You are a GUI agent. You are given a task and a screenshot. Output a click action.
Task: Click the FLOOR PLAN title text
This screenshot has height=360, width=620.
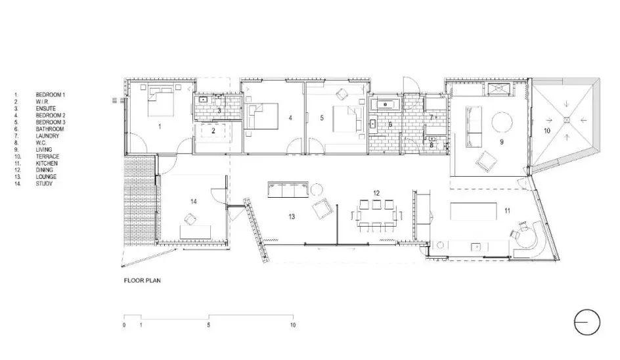(143, 281)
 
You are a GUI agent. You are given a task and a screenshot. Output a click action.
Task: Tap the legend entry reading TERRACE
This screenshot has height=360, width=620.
(47, 156)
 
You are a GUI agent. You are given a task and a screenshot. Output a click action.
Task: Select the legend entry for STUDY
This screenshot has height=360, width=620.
(44, 183)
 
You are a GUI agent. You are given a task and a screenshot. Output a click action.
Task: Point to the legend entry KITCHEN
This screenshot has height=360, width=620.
(47, 163)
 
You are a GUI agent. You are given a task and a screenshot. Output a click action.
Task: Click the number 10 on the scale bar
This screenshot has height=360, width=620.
(293, 325)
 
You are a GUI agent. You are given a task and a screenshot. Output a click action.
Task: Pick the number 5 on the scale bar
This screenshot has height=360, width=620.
(208, 325)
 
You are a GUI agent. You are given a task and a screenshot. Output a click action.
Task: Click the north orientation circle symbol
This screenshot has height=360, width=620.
(587, 322)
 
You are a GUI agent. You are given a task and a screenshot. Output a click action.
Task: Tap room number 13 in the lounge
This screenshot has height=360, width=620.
(292, 216)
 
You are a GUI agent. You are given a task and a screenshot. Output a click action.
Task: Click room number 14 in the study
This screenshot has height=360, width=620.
(193, 202)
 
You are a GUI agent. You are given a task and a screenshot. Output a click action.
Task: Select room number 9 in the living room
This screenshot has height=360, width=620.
(502, 142)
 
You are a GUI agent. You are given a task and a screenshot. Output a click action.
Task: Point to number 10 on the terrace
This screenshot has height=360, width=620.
(547, 131)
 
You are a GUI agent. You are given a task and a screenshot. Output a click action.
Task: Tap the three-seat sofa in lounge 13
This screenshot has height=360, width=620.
(288, 189)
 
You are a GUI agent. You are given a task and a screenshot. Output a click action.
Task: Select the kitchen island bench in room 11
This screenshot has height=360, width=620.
(474, 212)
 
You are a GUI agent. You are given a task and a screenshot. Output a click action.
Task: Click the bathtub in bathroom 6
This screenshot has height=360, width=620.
(386, 104)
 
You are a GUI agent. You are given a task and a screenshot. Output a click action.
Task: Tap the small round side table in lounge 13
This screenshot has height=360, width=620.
(317, 189)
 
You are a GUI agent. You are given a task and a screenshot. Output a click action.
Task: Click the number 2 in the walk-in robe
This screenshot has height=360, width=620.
(213, 131)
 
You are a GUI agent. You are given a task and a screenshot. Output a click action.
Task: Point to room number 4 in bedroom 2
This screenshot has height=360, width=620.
(290, 118)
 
